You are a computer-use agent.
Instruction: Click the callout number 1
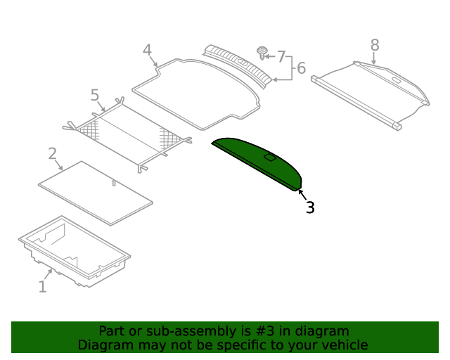pyautogui.click(x=42, y=286)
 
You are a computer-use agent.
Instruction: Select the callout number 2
pyautogui.click(x=52, y=153)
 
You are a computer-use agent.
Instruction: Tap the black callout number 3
pyautogui.click(x=310, y=207)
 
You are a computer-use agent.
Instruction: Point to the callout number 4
pyautogui.click(x=146, y=51)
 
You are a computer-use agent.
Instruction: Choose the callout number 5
pyautogui.click(x=95, y=94)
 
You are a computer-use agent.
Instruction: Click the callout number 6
pyautogui.click(x=301, y=68)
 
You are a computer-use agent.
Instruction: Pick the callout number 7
pyautogui.click(x=281, y=56)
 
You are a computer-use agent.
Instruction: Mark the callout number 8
pyautogui.click(x=375, y=45)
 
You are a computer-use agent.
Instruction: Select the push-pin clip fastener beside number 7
pyautogui.click(x=262, y=52)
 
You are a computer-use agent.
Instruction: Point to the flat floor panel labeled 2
pyautogui.click(x=95, y=193)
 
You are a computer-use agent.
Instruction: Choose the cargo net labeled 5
pyautogui.click(x=127, y=134)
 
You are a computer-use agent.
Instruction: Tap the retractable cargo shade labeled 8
pyautogui.click(x=373, y=91)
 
